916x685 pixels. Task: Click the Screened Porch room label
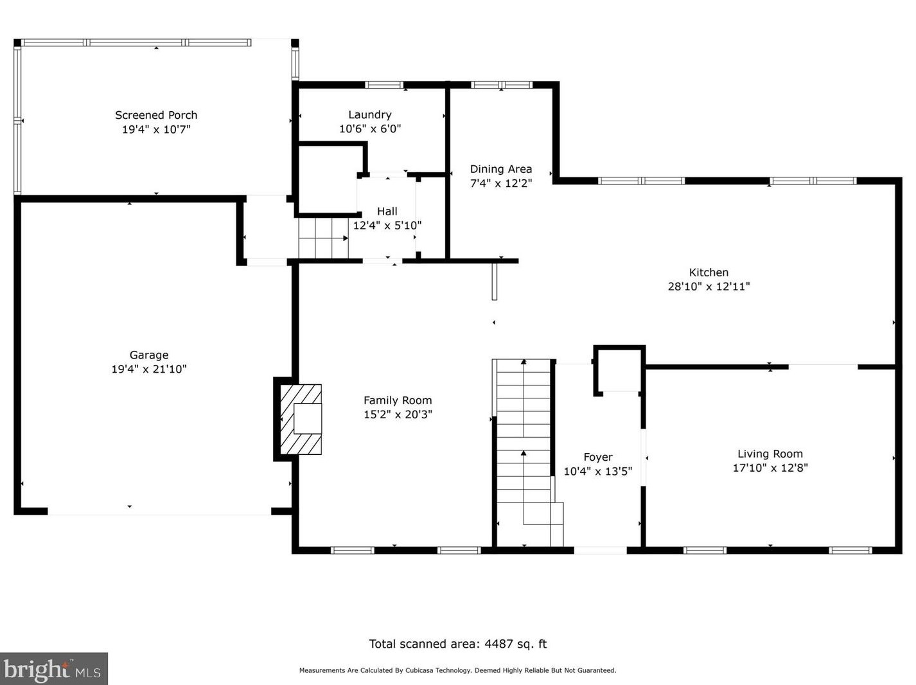pyautogui.click(x=156, y=115)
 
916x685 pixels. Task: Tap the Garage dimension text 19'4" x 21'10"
pyautogui.click(x=149, y=369)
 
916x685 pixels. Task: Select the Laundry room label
pyautogui.click(x=370, y=115)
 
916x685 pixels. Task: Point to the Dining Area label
pyautogui.click(x=501, y=169)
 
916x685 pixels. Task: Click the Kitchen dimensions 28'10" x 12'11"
pyautogui.click(x=709, y=287)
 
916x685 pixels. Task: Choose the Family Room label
pyautogui.click(x=398, y=400)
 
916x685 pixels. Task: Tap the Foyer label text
pyautogui.click(x=597, y=457)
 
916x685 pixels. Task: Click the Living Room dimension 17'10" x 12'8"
pyautogui.click(x=770, y=468)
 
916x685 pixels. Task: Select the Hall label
pyautogui.click(x=387, y=211)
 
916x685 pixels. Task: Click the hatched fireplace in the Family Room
pyautogui.click(x=301, y=419)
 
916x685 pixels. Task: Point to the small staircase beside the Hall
pyautogui.click(x=323, y=238)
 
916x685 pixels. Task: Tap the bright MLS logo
pyautogui.click(x=53, y=668)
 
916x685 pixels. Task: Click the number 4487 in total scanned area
pyautogui.click(x=498, y=644)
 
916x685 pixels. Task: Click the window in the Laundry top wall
pyautogui.click(x=384, y=85)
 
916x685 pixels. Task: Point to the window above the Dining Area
pyautogui.click(x=502, y=85)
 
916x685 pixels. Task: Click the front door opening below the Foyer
pyautogui.click(x=601, y=551)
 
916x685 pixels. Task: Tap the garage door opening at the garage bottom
pyautogui.click(x=159, y=512)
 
